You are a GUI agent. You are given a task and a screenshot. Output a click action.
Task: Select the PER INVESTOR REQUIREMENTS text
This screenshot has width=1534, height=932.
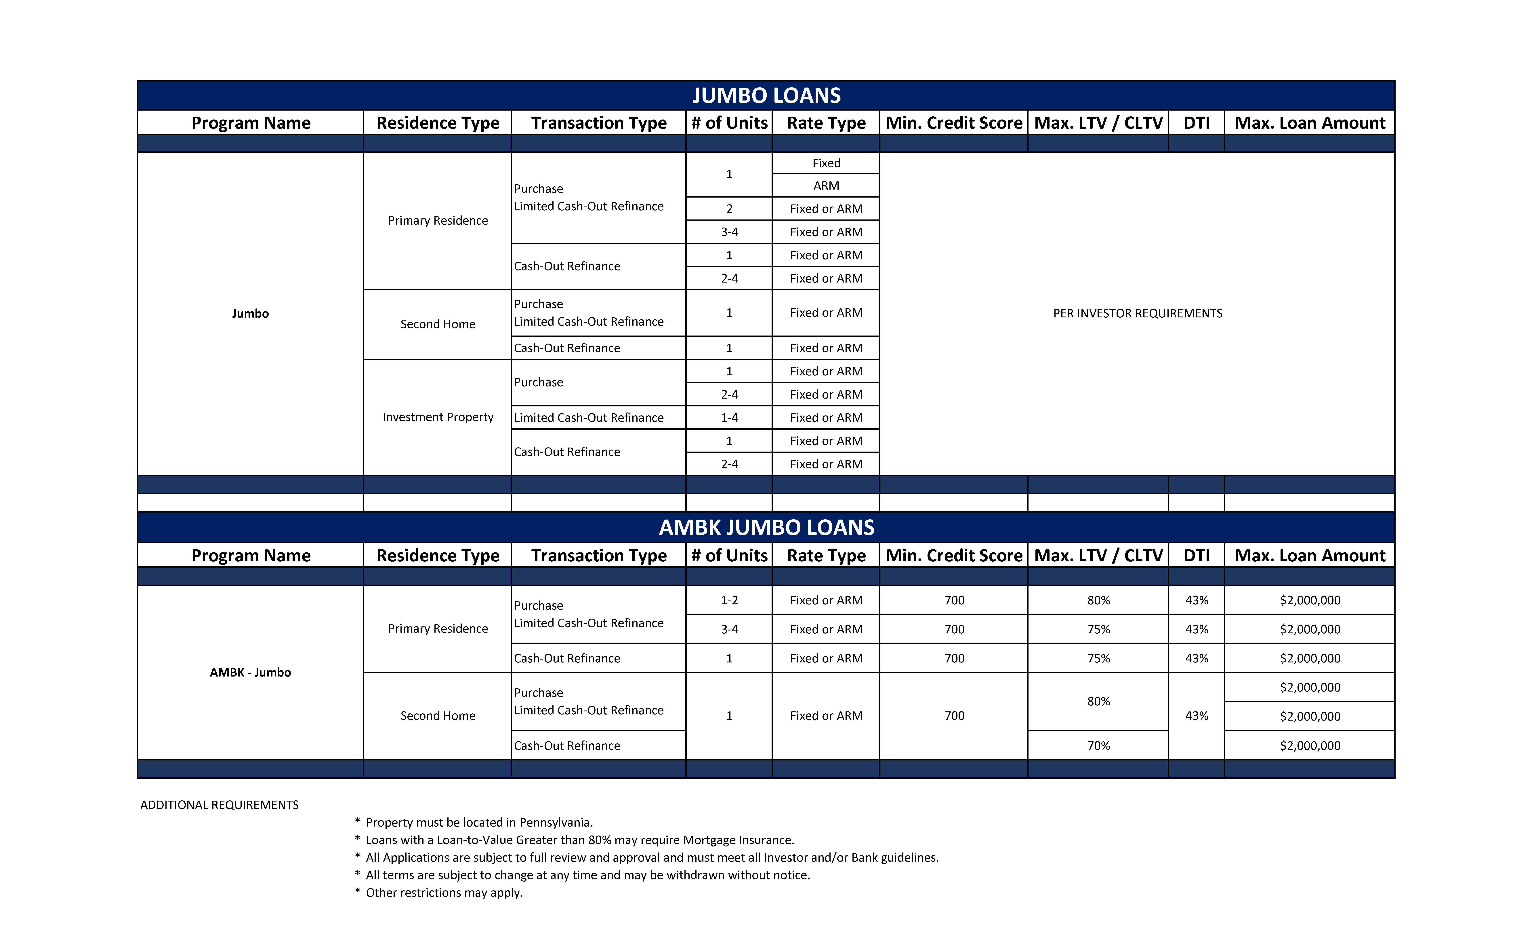[x=1137, y=313]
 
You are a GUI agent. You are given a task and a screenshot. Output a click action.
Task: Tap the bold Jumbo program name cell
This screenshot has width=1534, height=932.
[x=250, y=313]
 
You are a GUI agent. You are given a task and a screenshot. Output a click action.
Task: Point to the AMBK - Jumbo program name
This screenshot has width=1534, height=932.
[x=250, y=672]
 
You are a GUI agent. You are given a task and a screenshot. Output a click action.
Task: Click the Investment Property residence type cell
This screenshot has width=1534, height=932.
[x=438, y=417]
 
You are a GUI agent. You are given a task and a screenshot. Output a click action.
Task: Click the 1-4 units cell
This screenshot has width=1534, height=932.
[x=729, y=417]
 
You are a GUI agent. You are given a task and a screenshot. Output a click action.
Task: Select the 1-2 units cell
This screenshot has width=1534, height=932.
[x=729, y=600]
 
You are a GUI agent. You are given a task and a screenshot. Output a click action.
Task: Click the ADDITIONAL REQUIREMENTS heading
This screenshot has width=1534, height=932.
[x=219, y=805]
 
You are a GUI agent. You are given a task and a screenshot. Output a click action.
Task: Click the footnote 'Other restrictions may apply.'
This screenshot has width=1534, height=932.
[x=444, y=893]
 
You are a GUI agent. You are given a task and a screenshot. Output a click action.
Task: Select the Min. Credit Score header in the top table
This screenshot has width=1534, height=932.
[x=954, y=123]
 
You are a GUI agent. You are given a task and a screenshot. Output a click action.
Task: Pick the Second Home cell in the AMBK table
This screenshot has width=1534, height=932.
[x=438, y=716]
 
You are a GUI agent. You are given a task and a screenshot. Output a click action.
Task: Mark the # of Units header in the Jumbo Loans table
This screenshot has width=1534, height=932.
[x=729, y=123]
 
